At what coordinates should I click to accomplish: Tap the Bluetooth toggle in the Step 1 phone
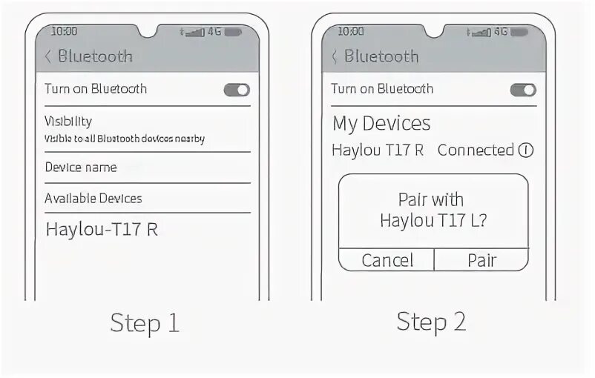237,90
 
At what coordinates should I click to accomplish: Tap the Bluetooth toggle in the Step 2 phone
523,90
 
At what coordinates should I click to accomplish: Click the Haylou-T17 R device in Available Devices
102,229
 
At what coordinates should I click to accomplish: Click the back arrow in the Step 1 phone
48,56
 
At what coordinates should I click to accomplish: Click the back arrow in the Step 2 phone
335,56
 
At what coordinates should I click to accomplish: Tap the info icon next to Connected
526,150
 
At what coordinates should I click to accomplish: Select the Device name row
81,168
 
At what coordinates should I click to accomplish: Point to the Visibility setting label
68,121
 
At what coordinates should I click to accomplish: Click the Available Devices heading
93,198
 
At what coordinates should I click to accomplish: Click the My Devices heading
381,123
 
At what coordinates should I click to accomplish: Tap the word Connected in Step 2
476,150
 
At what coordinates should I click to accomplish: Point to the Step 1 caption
145,323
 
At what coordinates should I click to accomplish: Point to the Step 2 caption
431,322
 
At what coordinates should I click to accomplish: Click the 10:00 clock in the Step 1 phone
64,32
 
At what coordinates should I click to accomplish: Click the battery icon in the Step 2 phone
519,32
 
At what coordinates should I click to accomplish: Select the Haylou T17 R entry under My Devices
378,150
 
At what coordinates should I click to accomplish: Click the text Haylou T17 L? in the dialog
433,220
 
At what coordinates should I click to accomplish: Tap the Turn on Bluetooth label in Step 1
96,89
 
